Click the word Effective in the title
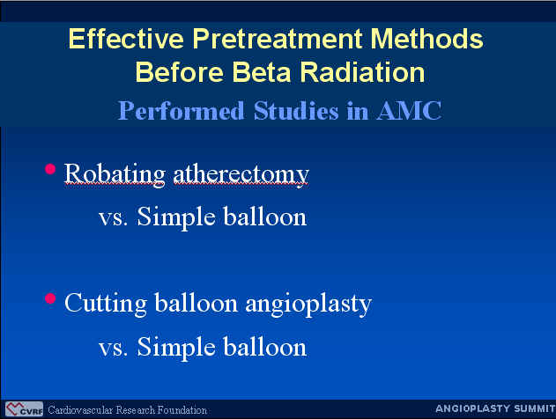click(x=126, y=38)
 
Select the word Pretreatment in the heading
click(x=278, y=38)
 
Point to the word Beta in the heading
click(x=262, y=72)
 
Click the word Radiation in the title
click(x=362, y=72)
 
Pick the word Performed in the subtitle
click(x=181, y=111)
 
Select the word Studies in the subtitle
click(x=296, y=111)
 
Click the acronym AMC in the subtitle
click(x=409, y=111)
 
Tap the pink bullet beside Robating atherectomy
click(x=50, y=169)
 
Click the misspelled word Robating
click(x=115, y=174)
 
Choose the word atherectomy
click(x=241, y=175)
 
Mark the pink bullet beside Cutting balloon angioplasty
click(x=50, y=298)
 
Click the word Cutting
click(x=106, y=304)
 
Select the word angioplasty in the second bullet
click(x=308, y=305)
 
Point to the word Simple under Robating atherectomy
click(x=176, y=217)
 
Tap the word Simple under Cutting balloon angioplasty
click(x=176, y=347)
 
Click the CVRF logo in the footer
click(x=24, y=409)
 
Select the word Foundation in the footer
click(x=182, y=410)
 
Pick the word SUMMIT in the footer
click(x=535, y=408)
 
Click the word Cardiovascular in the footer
click(x=81, y=410)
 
